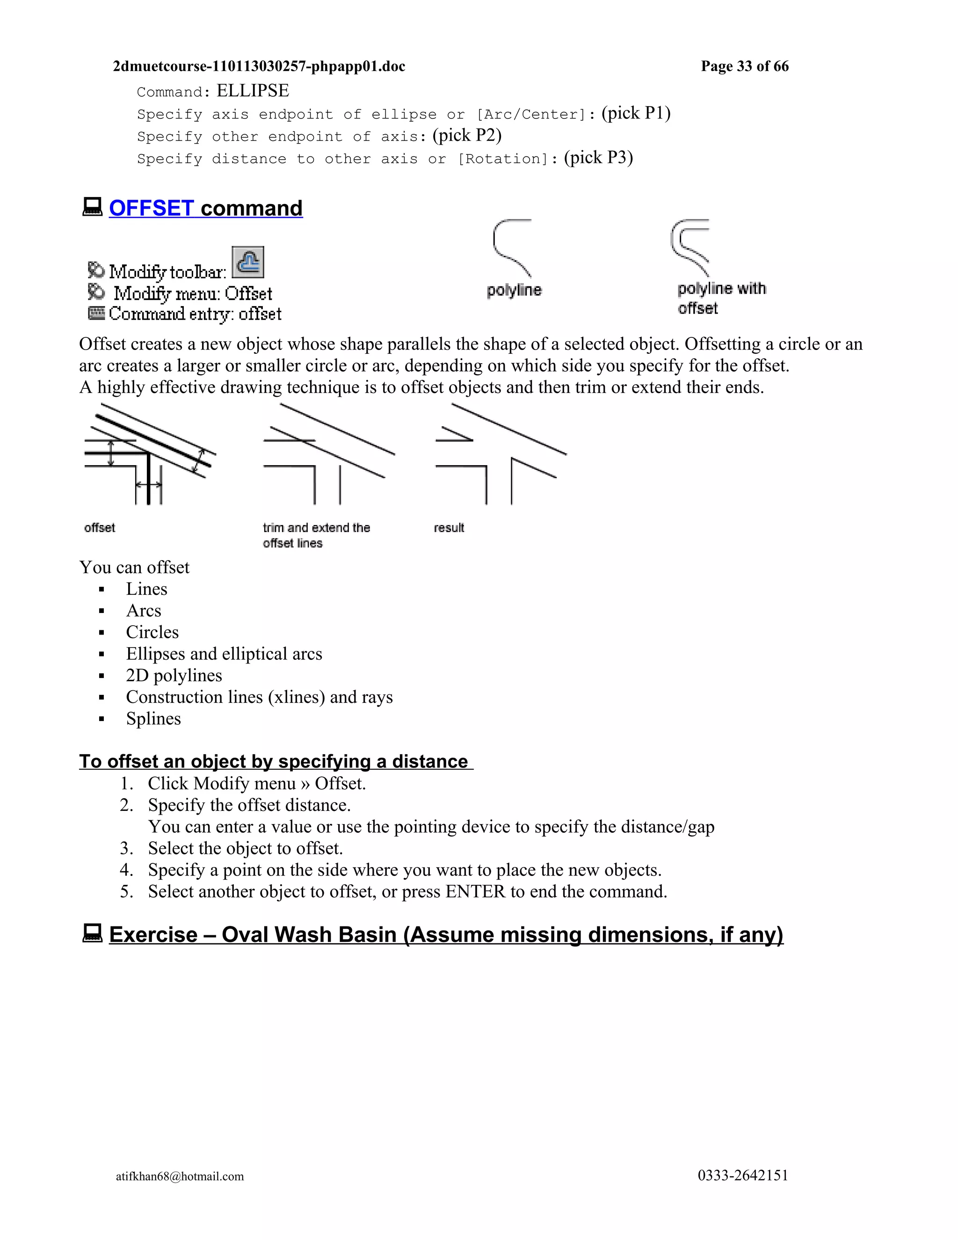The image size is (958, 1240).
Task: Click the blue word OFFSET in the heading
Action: tap(151, 208)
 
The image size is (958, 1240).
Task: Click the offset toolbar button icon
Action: tap(248, 263)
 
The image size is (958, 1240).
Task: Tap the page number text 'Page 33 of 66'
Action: tap(744, 66)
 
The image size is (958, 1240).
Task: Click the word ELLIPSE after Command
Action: tap(253, 91)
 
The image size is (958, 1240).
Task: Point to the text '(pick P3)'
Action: tap(598, 157)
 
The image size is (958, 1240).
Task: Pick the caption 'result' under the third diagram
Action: tap(448, 528)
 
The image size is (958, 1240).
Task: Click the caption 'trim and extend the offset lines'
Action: tap(316, 535)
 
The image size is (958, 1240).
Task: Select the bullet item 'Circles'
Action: tap(152, 632)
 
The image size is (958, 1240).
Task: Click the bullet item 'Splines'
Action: tap(153, 719)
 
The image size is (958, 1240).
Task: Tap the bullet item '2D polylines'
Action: tap(174, 676)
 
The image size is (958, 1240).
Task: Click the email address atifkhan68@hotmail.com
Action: tap(180, 1176)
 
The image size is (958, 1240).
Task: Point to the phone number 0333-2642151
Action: tap(742, 1175)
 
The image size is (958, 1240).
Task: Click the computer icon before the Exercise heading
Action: tap(93, 934)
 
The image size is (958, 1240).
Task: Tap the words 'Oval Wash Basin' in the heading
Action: tap(309, 935)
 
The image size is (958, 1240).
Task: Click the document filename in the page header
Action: tap(259, 66)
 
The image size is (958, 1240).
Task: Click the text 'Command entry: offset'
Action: tap(195, 314)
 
